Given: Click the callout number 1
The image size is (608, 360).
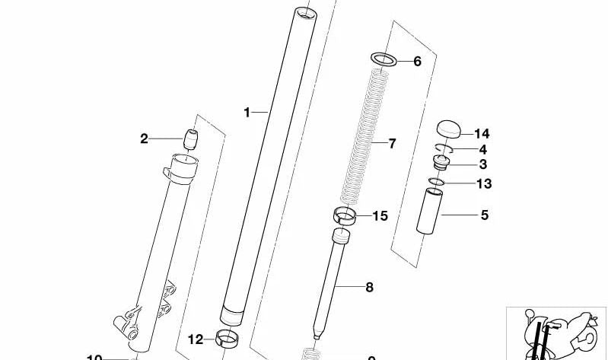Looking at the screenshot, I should point(247,113).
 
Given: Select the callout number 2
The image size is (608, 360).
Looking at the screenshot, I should point(144,139).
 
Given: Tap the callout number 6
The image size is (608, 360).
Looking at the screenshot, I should point(417,62).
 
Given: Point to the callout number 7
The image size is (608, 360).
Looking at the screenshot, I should point(392,143).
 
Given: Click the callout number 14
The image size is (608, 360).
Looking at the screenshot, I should point(481,133).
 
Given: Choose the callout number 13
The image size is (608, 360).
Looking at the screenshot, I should point(483,183).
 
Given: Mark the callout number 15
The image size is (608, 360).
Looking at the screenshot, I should point(379,216).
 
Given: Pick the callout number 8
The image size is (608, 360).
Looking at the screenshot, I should point(369,287).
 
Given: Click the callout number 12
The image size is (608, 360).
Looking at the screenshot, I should point(196,339).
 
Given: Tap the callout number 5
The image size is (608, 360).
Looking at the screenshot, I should point(484,215).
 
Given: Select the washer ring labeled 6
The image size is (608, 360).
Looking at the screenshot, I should point(384,59).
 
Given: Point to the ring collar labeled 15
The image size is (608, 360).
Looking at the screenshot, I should point(345,215).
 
